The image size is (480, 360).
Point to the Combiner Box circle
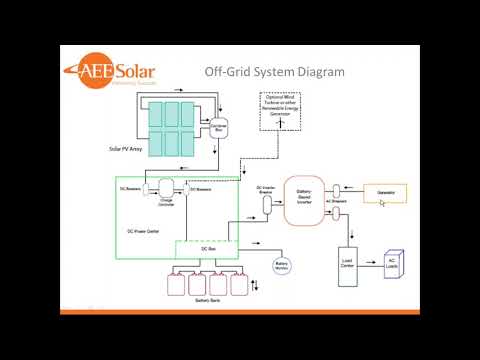pyautogui.click(x=219, y=128)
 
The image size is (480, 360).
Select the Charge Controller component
pyautogui.click(x=167, y=190)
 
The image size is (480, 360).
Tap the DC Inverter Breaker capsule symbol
pyautogui.click(x=267, y=203)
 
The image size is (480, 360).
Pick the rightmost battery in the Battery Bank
pyautogui.click(x=239, y=284)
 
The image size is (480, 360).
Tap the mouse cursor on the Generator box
pyautogui.click(x=381, y=203)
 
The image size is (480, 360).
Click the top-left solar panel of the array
pyautogui.click(x=159, y=112)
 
